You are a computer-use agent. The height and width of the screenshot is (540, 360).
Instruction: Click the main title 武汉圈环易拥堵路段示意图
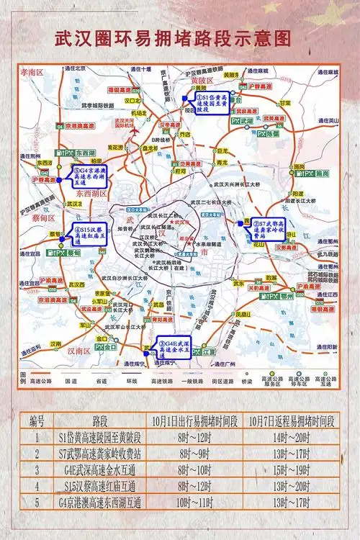pos(179,38)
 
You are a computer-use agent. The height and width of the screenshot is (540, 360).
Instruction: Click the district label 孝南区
pos(32,73)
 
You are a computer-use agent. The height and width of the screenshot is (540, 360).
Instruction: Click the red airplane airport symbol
pos(131,132)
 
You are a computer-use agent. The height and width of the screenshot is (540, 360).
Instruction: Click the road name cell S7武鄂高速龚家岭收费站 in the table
pos(101,454)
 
